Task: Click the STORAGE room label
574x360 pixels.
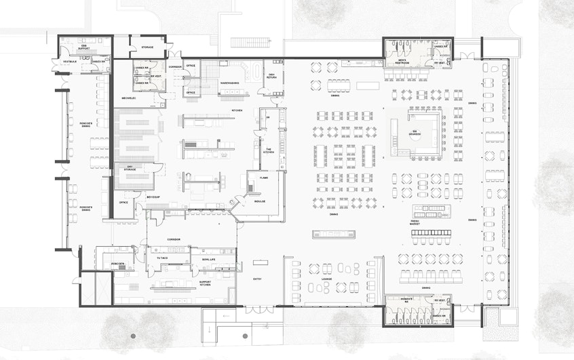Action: (x=147, y=47)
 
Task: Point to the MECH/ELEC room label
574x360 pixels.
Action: (x=130, y=98)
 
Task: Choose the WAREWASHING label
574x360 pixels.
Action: (x=229, y=83)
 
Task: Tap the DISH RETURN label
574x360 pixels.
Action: (x=271, y=76)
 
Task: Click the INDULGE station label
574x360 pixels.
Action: (x=259, y=201)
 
